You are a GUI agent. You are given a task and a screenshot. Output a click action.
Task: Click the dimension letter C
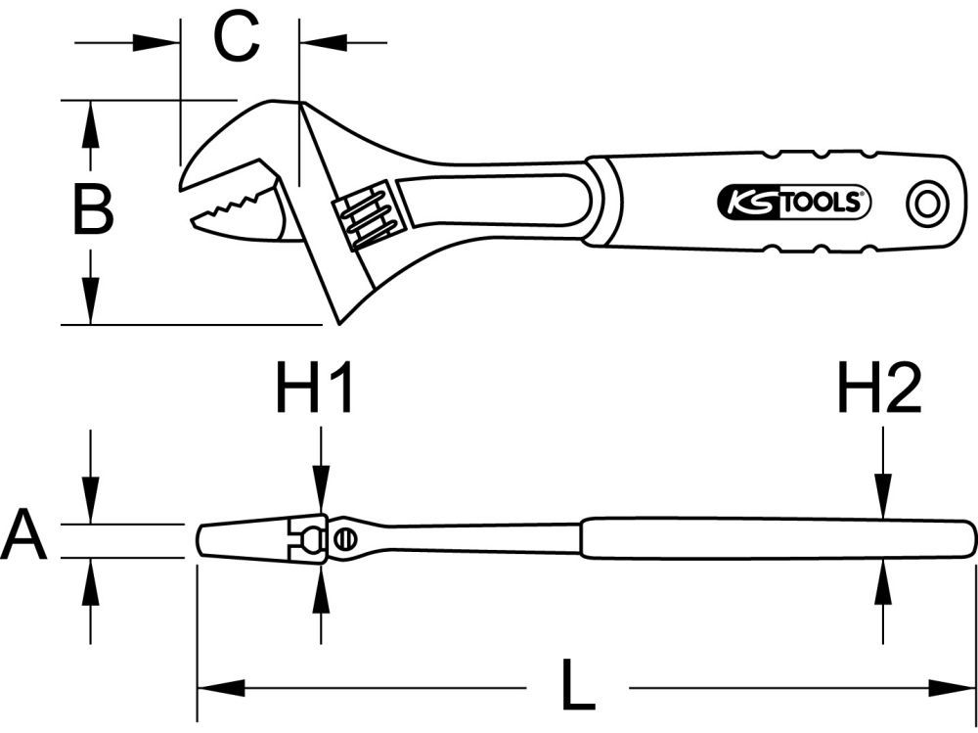[238, 39]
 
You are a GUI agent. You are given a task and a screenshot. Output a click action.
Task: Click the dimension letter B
[94, 210]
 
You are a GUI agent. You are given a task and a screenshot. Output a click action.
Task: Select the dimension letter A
[23, 539]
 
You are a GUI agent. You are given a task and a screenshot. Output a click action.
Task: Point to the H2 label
[879, 389]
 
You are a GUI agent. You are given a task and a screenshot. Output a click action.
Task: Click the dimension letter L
[578, 688]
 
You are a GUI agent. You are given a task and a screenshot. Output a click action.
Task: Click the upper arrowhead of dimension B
[90, 123]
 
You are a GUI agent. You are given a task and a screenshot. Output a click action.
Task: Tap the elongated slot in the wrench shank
[494, 207]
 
